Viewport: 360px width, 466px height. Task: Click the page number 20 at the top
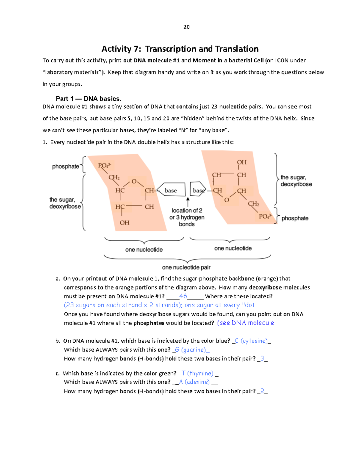pyautogui.click(x=186, y=27)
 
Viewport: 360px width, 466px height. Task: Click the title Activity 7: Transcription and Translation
pyautogui.click(x=180, y=49)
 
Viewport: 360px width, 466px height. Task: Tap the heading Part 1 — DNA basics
pyautogui.click(x=88, y=99)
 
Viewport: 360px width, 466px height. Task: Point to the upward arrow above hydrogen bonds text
pyautogui.click(x=188, y=202)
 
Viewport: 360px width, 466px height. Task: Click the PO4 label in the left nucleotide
pyautogui.click(x=104, y=165)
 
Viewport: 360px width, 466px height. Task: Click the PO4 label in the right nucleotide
pyautogui.click(x=265, y=216)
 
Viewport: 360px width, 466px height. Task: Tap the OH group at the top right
pyautogui.click(x=241, y=162)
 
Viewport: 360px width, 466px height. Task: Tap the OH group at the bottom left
pyautogui.click(x=124, y=223)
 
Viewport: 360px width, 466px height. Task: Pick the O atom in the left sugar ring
pyautogui.click(x=134, y=182)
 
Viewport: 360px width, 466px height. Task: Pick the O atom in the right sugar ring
pyautogui.click(x=227, y=200)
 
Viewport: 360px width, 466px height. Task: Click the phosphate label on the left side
pyautogui.click(x=65, y=166)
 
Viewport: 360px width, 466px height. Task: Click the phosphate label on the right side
pyautogui.click(x=295, y=218)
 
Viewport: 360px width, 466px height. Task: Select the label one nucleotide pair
pyautogui.click(x=186, y=267)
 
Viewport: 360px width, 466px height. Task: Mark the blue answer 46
pyautogui.click(x=183, y=296)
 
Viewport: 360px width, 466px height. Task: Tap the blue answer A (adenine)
pyautogui.click(x=194, y=382)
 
